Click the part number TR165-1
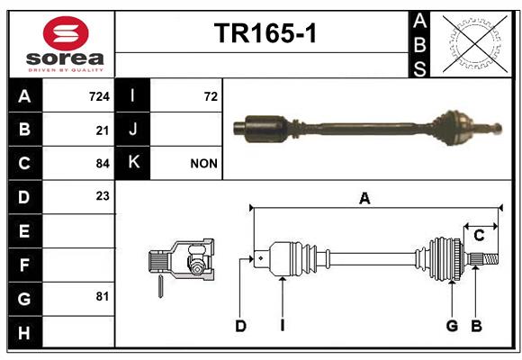(x=265, y=33)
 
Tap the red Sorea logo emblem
(x=66, y=33)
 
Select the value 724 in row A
(x=99, y=96)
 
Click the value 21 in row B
(x=103, y=130)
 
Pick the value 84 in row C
(x=103, y=164)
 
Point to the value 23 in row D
(x=103, y=196)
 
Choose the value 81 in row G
(x=103, y=296)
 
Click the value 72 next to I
(x=211, y=96)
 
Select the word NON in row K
(x=203, y=164)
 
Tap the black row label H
(x=25, y=332)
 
